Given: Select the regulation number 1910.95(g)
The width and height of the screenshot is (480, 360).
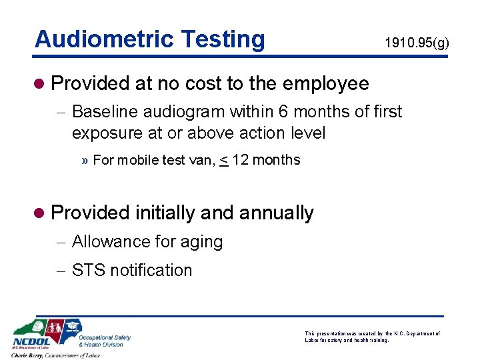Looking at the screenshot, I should click(417, 44).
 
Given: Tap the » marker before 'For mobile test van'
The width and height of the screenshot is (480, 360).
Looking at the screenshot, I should click(85, 161).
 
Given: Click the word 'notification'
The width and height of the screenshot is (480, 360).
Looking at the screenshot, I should click(151, 270).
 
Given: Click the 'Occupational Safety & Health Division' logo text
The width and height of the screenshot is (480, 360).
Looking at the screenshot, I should click(105, 341).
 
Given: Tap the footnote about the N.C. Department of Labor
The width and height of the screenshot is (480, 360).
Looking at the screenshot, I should click(372, 337).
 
